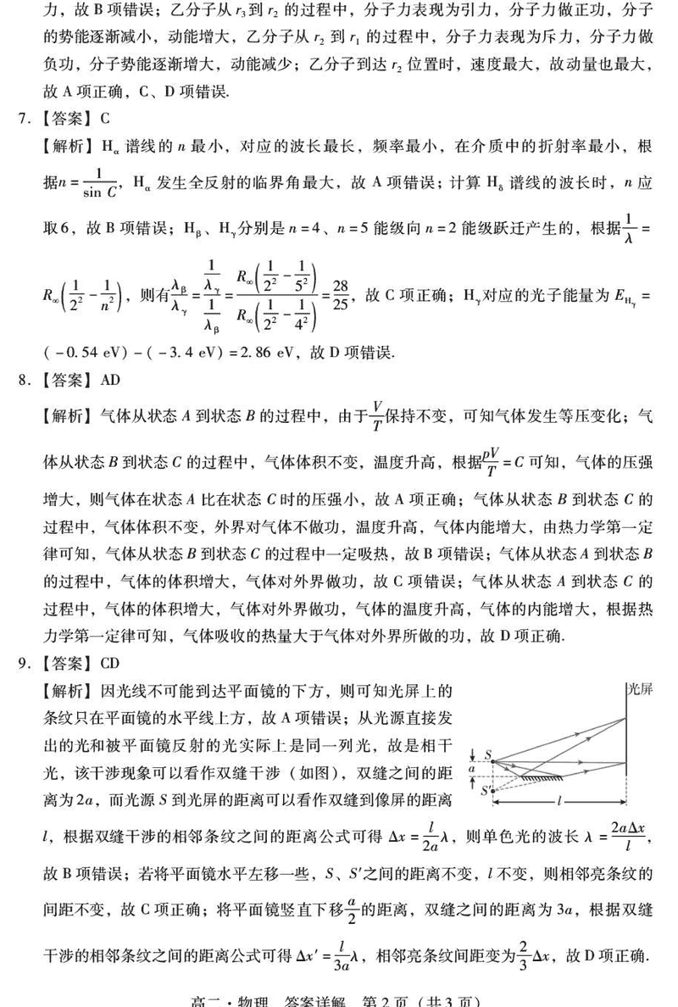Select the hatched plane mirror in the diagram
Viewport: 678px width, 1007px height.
click(548, 776)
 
